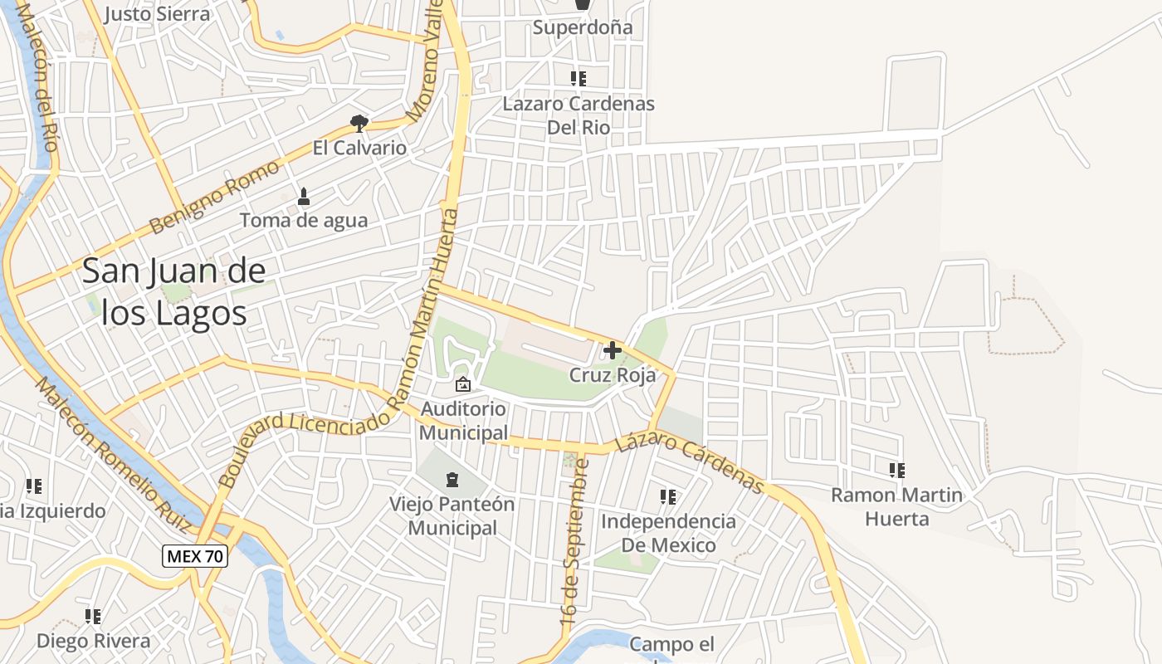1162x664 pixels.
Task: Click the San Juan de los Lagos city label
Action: point(174,292)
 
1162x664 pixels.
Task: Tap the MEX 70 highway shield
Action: point(194,556)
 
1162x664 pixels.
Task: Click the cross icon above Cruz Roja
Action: point(613,350)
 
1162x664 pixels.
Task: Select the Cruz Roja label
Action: point(613,375)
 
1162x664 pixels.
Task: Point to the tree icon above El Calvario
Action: point(359,124)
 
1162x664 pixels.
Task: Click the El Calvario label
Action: point(359,148)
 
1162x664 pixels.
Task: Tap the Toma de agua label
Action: point(304,220)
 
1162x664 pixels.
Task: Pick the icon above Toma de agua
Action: point(304,197)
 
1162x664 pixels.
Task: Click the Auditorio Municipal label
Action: point(463,421)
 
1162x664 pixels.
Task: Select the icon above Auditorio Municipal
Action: point(463,384)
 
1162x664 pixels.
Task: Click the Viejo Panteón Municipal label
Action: point(452,515)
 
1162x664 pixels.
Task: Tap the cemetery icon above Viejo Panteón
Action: point(452,480)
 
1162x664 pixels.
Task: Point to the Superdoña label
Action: point(583,27)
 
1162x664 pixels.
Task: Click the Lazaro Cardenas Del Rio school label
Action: point(579,115)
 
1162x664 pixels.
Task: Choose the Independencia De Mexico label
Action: point(668,533)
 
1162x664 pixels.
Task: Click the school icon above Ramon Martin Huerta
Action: point(896,471)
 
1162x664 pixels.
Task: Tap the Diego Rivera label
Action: point(93,641)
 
